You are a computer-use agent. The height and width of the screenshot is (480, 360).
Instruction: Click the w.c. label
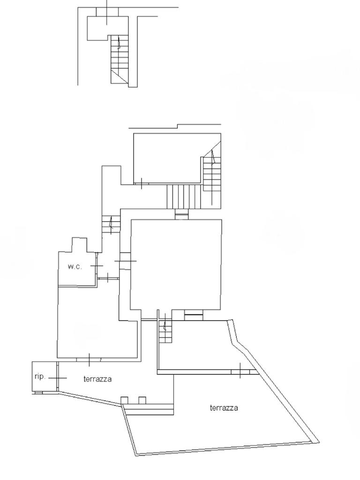[x=75, y=267]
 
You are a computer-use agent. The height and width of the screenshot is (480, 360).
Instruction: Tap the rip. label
[x=40, y=376]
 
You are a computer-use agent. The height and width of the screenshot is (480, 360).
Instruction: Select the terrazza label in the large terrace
[x=224, y=408]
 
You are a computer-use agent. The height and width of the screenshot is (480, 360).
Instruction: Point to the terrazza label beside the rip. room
[x=97, y=379]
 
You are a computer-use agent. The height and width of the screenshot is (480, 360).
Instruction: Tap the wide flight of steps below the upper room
[x=185, y=196]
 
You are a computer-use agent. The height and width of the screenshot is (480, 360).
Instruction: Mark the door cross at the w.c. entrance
[x=97, y=266]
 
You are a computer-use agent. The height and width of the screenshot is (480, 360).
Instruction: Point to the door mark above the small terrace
[x=89, y=360]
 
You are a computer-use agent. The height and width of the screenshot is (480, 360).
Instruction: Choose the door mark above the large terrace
[x=240, y=371]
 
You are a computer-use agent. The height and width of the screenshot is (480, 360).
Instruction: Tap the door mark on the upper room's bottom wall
[x=142, y=183]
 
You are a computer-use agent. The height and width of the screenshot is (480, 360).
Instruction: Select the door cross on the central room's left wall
[x=125, y=261]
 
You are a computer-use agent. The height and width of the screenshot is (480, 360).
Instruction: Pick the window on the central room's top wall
[x=182, y=216]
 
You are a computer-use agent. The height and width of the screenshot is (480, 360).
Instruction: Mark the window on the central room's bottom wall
[x=194, y=317]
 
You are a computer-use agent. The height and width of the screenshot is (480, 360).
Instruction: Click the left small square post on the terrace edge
[x=125, y=400]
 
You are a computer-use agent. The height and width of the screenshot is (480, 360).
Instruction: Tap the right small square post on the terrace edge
[x=142, y=400]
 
